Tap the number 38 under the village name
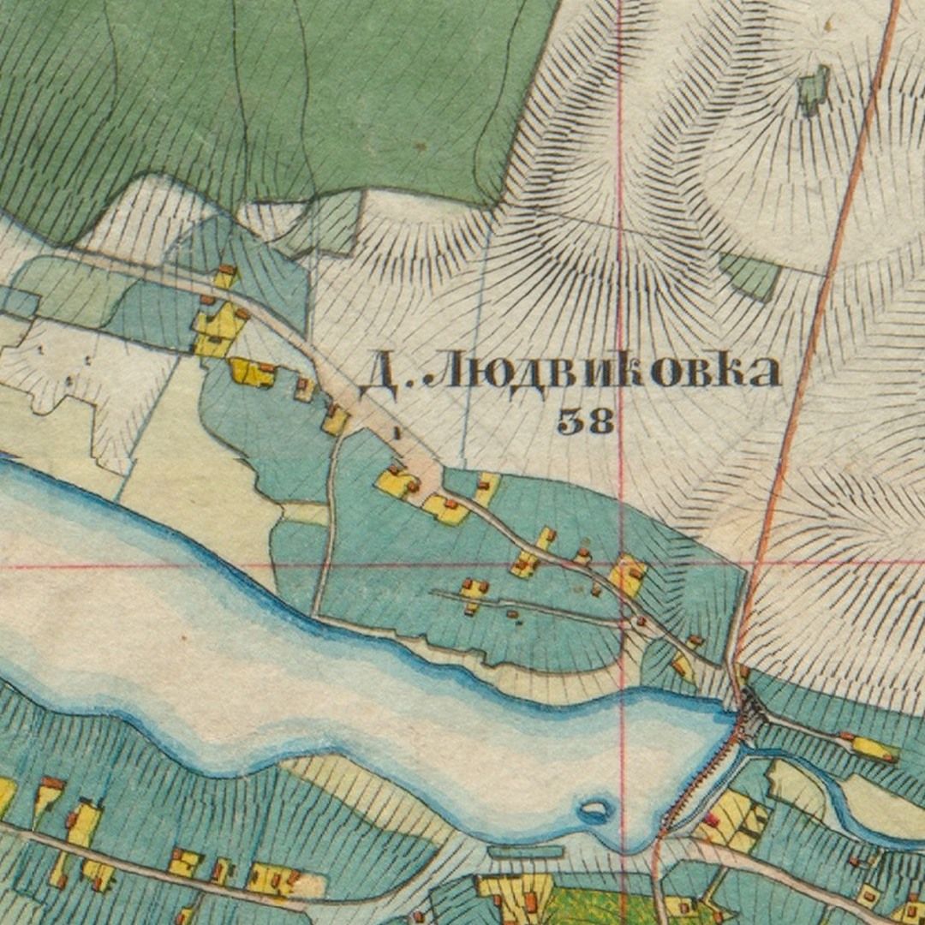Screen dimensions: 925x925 [586, 421]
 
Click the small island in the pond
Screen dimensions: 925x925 [594, 809]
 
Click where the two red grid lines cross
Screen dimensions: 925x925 [623, 564]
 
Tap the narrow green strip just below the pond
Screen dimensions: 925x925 [526, 851]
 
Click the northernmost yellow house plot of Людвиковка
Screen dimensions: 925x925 [225, 277]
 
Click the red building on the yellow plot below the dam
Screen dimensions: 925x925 [712, 821]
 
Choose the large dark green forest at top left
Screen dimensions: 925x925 [257, 94]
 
